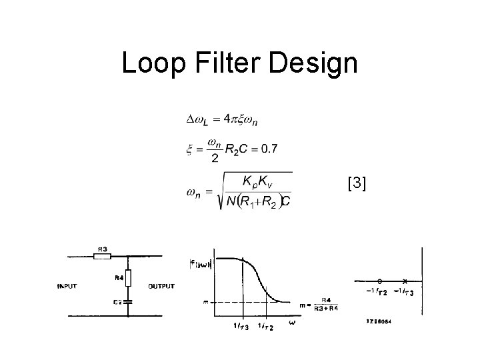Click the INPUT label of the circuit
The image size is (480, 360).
[x=67, y=287]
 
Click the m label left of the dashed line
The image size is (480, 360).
[x=205, y=302]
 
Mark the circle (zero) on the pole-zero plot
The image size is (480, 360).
[x=379, y=281]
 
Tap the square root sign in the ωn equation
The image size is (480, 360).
[x=217, y=193]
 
